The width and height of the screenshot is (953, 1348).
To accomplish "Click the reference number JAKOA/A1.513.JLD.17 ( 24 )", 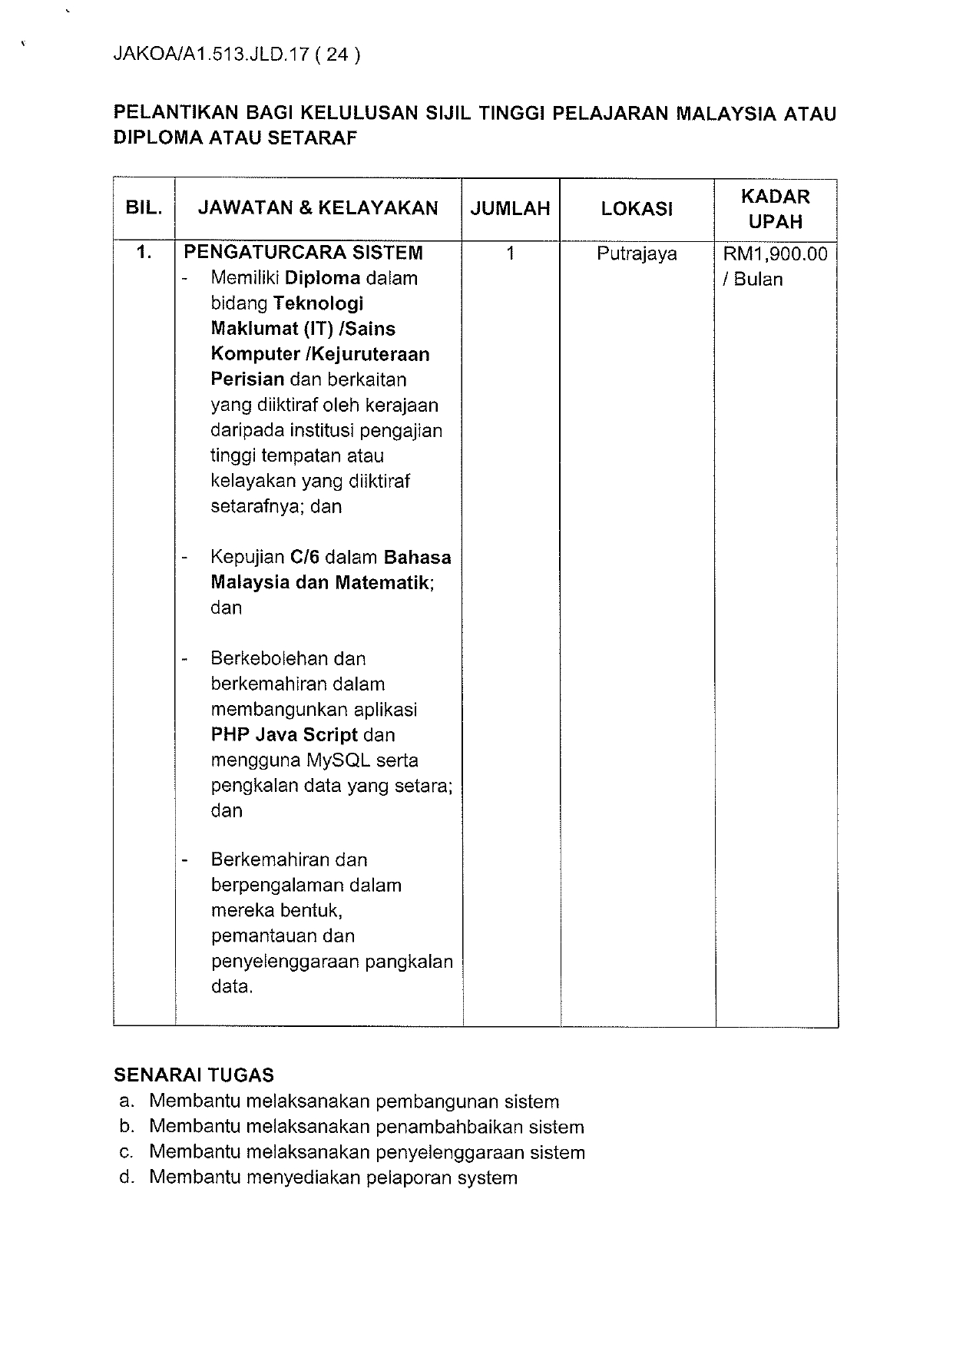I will point(237,55).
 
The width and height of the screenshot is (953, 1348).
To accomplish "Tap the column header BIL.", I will point(144,208).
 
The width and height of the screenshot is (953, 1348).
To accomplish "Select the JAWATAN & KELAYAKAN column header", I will point(318,208).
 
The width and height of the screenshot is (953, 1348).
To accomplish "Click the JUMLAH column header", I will point(511,208).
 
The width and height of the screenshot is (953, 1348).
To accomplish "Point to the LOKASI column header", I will point(637,208).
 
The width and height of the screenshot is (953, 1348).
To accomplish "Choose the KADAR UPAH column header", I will point(776,209).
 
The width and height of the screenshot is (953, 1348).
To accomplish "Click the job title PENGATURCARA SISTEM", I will point(303,253).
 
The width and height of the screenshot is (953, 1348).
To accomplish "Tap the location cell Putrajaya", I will point(637,253).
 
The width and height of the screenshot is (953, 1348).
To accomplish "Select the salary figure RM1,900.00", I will point(776,253).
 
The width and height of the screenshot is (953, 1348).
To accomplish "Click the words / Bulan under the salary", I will point(753,279).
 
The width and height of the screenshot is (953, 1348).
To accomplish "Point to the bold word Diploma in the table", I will point(323,278).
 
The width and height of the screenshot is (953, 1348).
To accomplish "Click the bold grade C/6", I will point(305,557).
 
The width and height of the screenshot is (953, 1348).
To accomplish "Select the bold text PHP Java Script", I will point(284,735).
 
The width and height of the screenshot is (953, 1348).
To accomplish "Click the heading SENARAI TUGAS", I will point(194,1075).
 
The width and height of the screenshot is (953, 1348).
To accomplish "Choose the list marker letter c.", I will point(127,1152).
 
